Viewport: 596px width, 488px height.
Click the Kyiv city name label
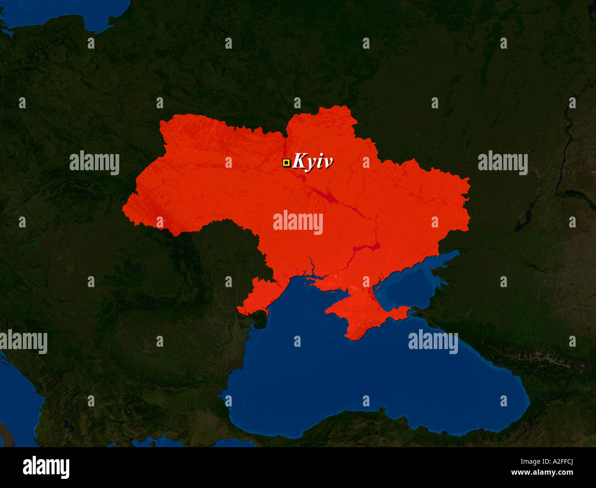tap(312, 161)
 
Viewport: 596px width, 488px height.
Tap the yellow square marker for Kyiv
tap(286, 162)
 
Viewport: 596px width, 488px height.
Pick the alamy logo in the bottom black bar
tap(46, 467)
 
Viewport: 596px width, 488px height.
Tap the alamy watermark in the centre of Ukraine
tap(298, 223)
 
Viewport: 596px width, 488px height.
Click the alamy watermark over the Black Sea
tap(433, 342)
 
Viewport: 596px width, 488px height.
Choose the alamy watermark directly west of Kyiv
tap(94, 163)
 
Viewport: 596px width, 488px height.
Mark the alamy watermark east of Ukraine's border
tap(502, 163)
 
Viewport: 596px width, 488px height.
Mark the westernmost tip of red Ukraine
tap(124, 209)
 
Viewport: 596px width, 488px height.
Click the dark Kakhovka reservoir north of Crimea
tap(367, 248)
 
